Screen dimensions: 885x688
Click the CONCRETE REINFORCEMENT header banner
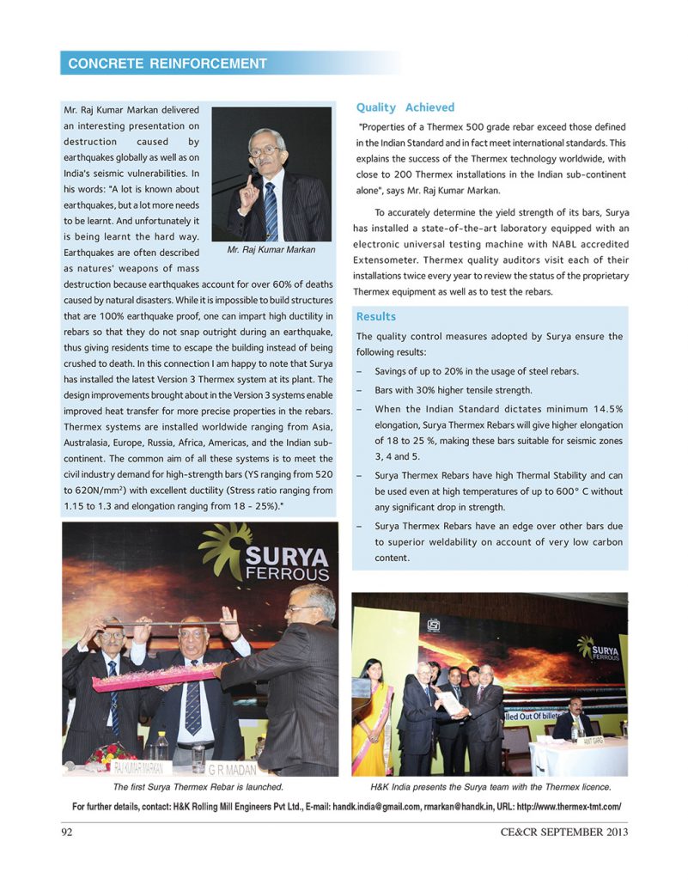[x=167, y=64]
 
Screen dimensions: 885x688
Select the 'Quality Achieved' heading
[x=405, y=107]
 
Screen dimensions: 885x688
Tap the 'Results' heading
[x=376, y=316]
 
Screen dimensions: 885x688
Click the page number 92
[x=68, y=832]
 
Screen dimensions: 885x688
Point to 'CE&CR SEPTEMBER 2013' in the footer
[x=564, y=832]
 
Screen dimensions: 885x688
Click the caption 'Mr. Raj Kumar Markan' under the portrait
[x=271, y=250]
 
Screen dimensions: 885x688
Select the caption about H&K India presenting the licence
[x=490, y=786]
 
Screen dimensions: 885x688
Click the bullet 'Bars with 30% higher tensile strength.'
[x=454, y=390]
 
